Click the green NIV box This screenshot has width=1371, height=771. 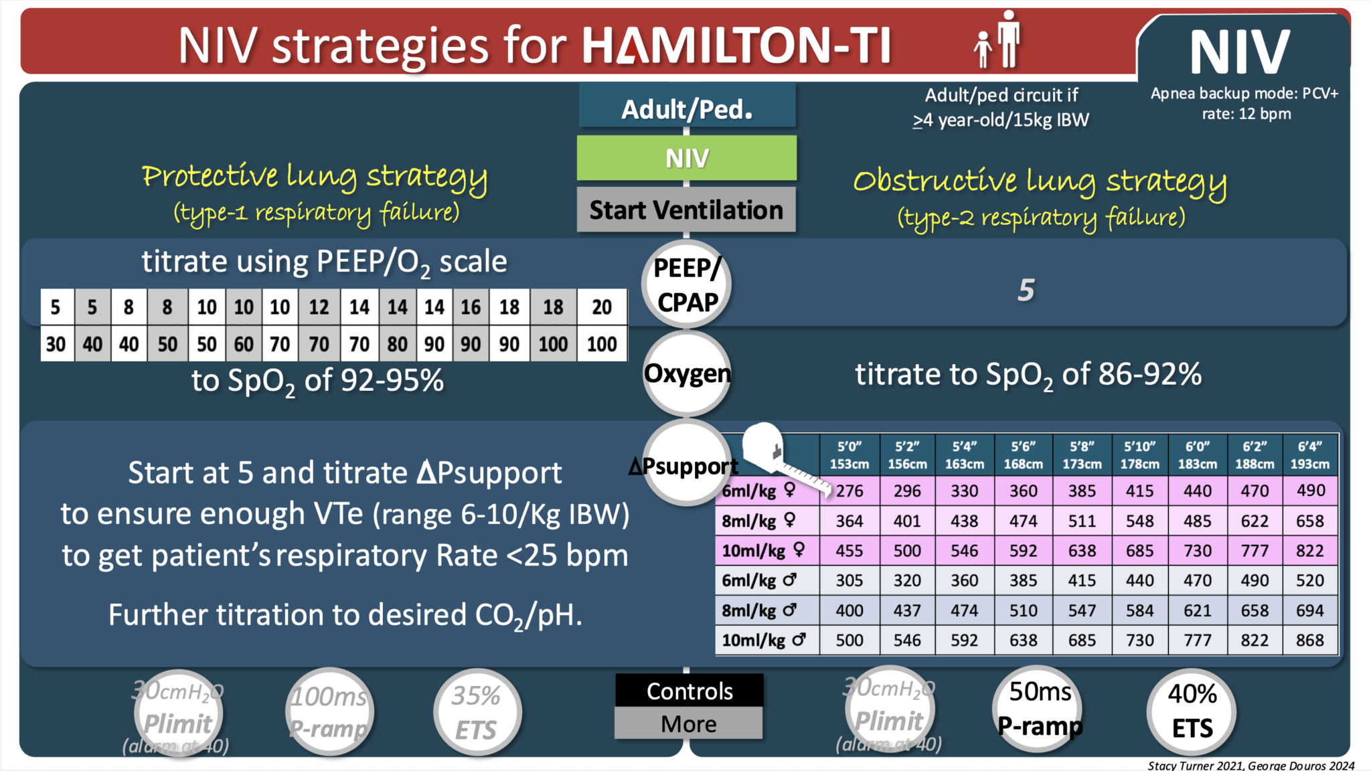click(x=687, y=158)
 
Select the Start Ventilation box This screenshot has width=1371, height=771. click(x=686, y=210)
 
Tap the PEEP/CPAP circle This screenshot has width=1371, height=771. click(x=687, y=284)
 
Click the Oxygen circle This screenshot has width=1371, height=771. click(x=687, y=373)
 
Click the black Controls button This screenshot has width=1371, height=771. click(x=689, y=691)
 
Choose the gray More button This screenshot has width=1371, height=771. click(x=689, y=724)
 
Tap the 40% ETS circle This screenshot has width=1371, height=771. click(x=1192, y=711)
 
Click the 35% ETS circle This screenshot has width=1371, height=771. click(x=477, y=713)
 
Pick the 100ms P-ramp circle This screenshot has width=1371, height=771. click(x=329, y=713)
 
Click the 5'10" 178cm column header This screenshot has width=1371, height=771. click(x=1139, y=455)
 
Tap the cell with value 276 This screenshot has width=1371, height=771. click(x=850, y=491)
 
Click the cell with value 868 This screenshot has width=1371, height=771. click(x=1309, y=640)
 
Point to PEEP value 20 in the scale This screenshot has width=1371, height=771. click(x=601, y=307)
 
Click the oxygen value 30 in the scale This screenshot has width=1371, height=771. click(x=56, y=344)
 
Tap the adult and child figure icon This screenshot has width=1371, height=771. click(x=998, y=40)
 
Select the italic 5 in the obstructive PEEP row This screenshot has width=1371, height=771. click(x=1026, y=290)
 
